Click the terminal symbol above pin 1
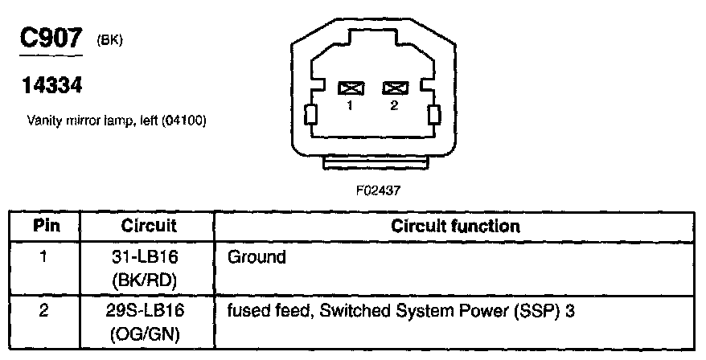351,88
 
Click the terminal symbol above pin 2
394,88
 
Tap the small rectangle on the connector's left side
310,116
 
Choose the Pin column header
46,226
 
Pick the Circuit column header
149,226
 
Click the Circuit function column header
455,226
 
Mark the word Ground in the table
257,258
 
